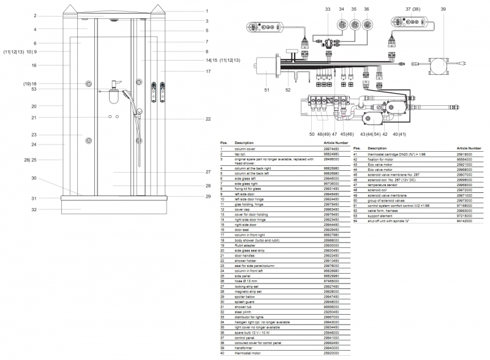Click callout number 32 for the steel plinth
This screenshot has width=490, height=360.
tap(34, 209)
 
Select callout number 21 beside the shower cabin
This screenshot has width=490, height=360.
tap(34, 118)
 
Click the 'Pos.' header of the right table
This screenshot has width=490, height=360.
tap(356, 148)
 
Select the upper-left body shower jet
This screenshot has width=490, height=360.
tap(89, 83)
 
